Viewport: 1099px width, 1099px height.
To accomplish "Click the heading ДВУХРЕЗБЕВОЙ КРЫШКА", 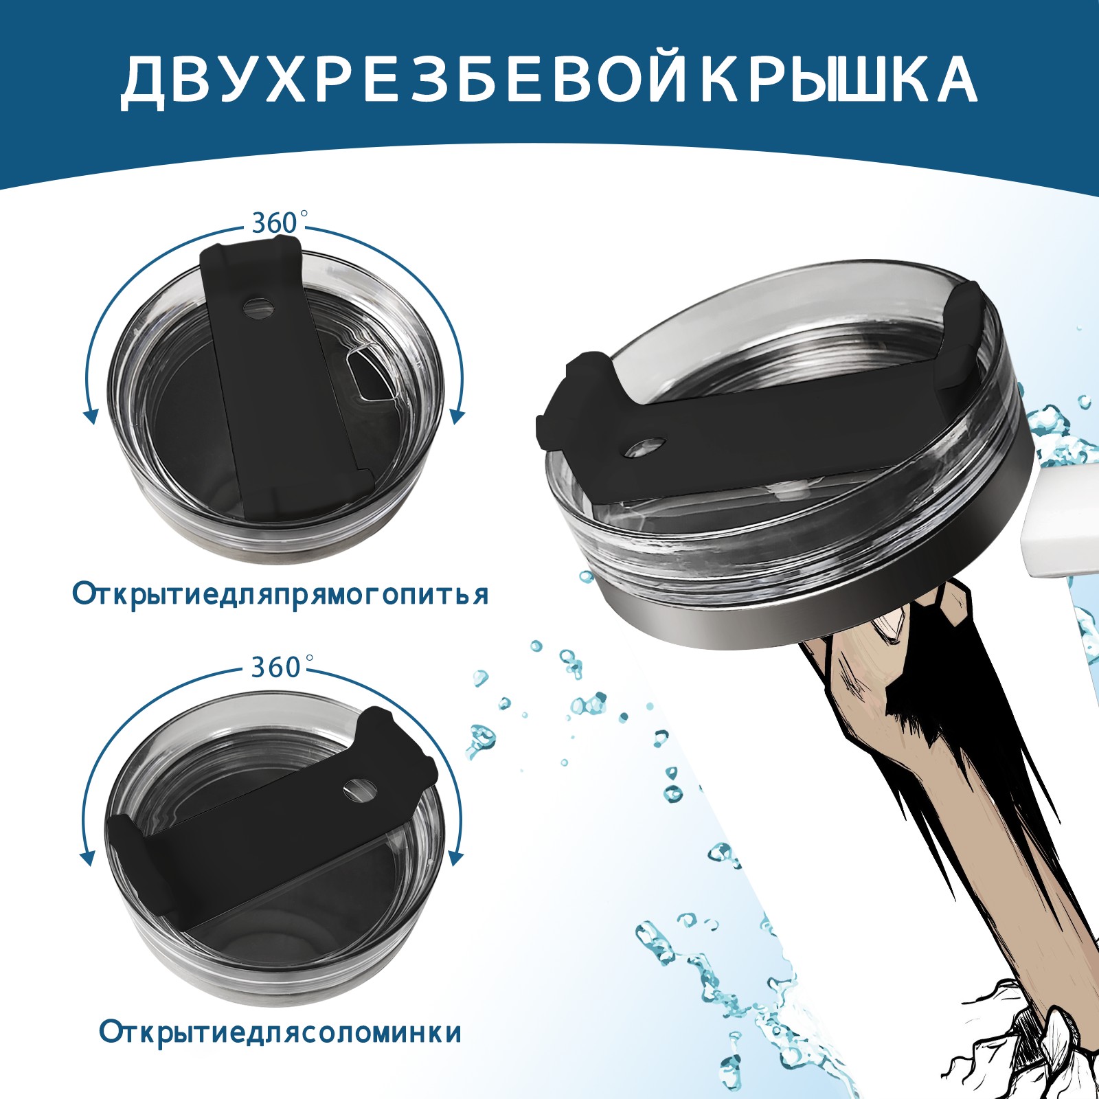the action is tap(548, 80).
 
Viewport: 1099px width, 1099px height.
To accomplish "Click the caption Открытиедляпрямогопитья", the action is tap(280, 594).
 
